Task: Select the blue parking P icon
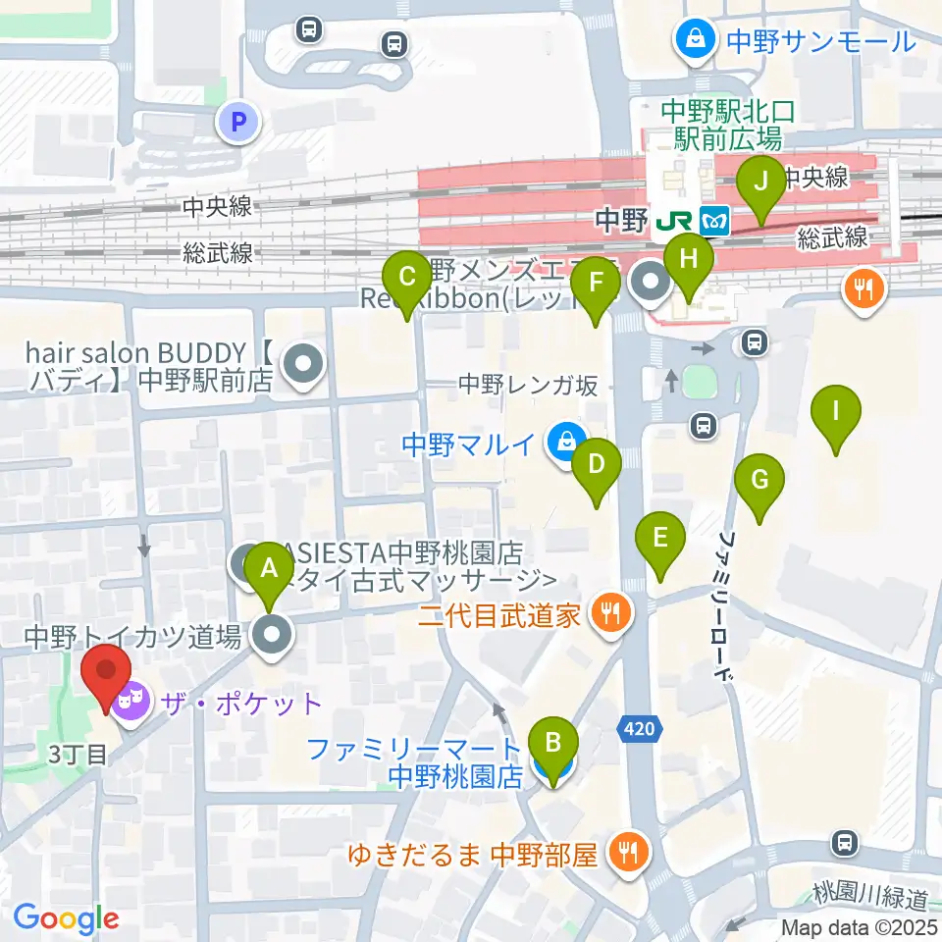pyautogui.click(x=236, y=122)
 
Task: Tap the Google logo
pyautogui.click(x=66, y=919)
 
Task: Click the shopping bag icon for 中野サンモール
pyautogui.click(x=695, y=40)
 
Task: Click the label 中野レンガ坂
pyautogui.click(x=528, y=386)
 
